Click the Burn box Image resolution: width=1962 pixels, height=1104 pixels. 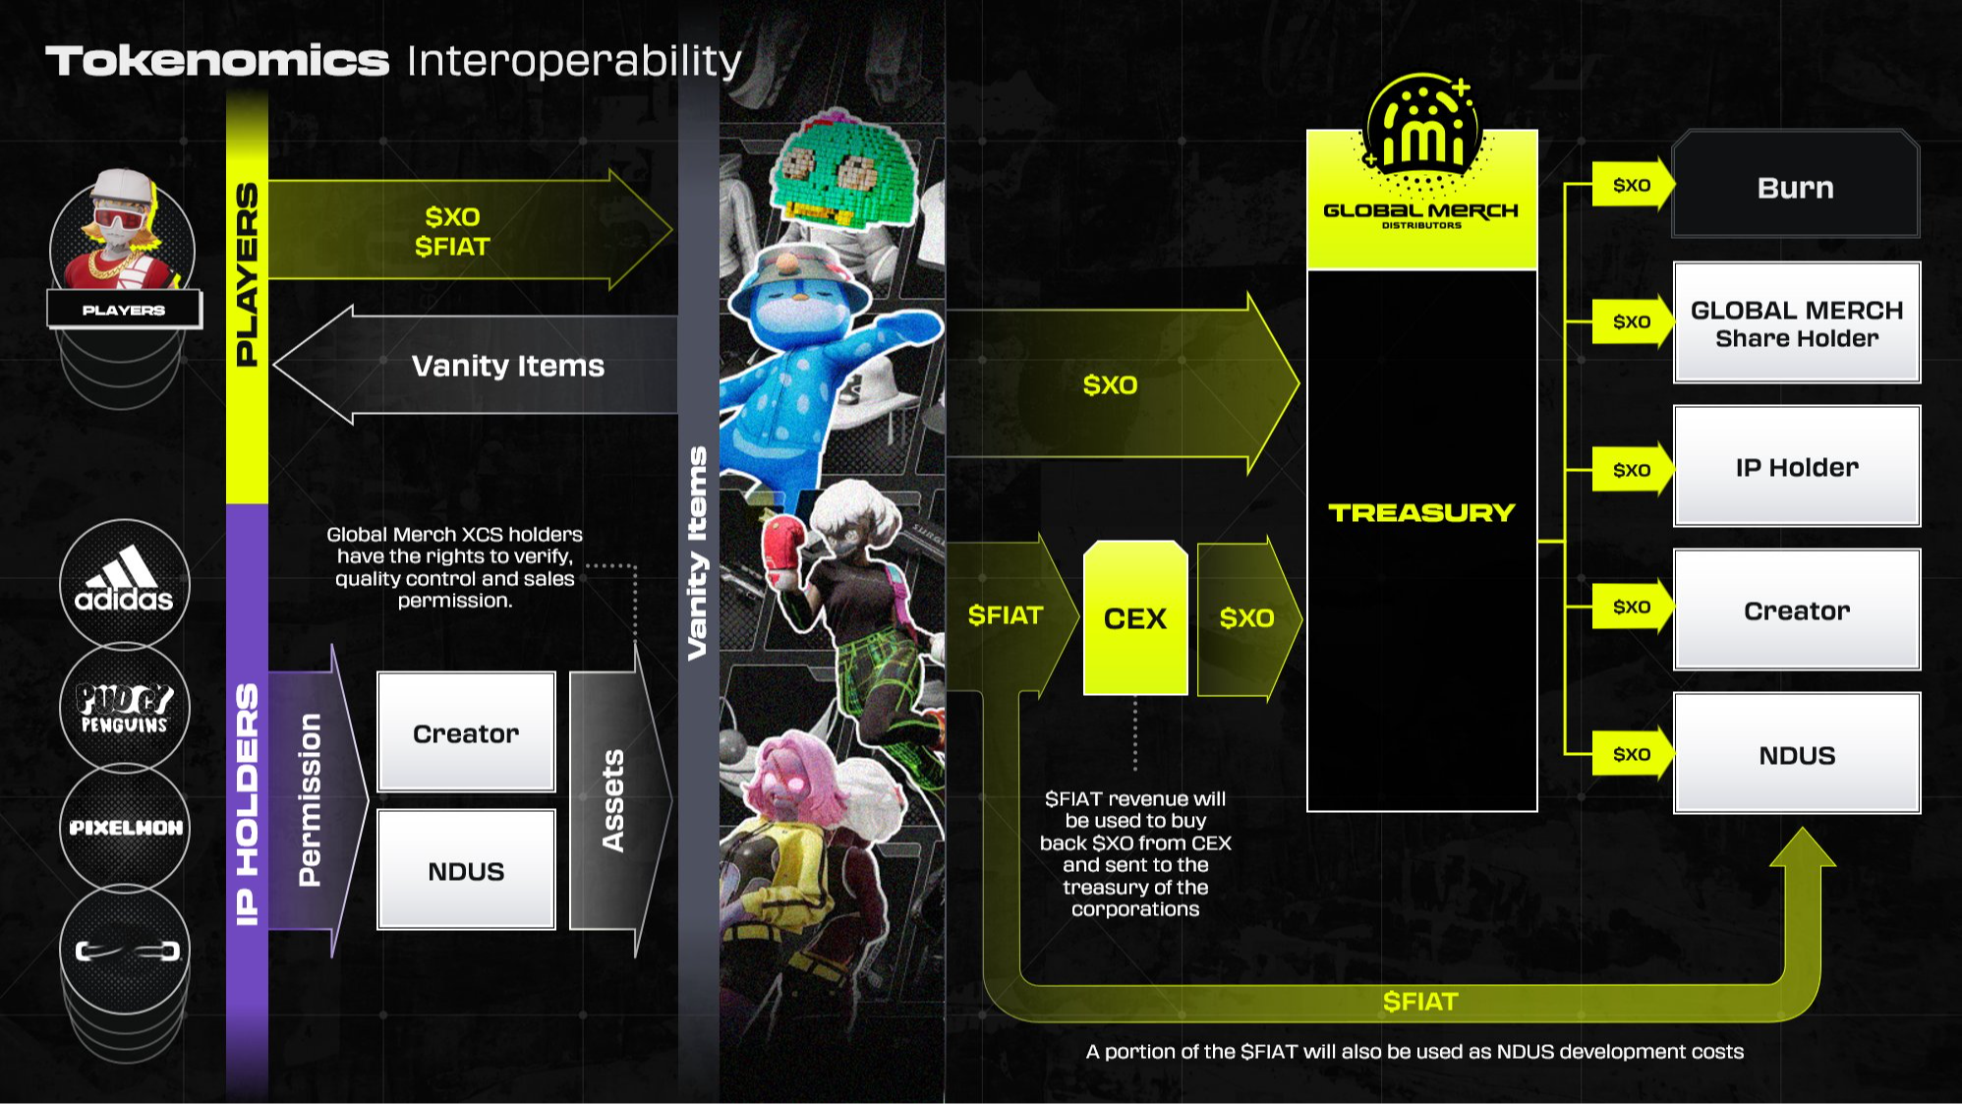(1795, 185)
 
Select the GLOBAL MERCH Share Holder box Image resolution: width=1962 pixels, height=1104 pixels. (1797, 322)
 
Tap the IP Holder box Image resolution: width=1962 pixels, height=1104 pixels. (1797, 466)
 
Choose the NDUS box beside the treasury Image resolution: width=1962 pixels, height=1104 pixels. (1797, 754)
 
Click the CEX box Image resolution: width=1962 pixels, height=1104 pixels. (1135, 617)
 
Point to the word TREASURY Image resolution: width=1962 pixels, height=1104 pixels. (1421, 512)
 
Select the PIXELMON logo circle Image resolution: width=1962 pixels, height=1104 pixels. (124, 828)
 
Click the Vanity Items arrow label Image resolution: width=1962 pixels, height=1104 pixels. (508, 366)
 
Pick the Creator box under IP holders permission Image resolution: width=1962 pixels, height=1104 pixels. (466, 732)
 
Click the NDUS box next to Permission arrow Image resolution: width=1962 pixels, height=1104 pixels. (466, 870)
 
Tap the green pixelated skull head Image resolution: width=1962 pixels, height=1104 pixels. (844, 169)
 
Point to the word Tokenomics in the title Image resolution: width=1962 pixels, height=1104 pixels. (217, 61)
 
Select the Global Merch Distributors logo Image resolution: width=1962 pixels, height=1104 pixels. (1421, 157)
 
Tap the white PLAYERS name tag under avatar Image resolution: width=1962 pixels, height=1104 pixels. (124, 310)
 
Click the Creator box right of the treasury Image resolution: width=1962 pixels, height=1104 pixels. (1797, 610)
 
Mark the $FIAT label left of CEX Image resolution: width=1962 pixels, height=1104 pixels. (1005, 615)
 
